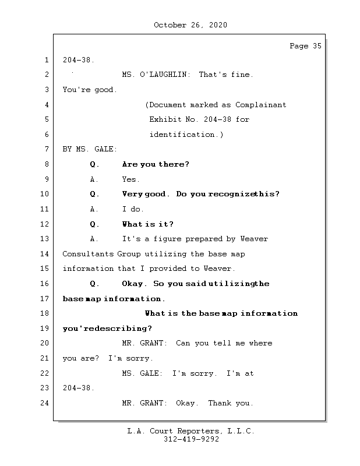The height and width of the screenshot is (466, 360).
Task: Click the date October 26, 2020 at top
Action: tap(190, 25)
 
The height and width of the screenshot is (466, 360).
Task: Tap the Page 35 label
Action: tap(305, 46)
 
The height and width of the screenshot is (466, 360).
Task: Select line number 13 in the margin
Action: tap(46, 239)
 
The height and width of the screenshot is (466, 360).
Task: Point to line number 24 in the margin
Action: tap(46, 403)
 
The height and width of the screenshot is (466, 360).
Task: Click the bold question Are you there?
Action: tap(156, 165)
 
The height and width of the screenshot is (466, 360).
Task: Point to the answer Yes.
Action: tap(131, 180)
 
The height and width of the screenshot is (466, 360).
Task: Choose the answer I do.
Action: tap(133, 210)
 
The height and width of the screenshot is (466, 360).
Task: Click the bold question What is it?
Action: tap(147, 224)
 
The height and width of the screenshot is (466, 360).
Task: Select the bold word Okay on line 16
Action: tap(133, 284)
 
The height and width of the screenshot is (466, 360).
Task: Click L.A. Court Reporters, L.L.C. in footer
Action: tap(190, 432)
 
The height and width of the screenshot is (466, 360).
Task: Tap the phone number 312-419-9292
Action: tap(190, 440)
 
